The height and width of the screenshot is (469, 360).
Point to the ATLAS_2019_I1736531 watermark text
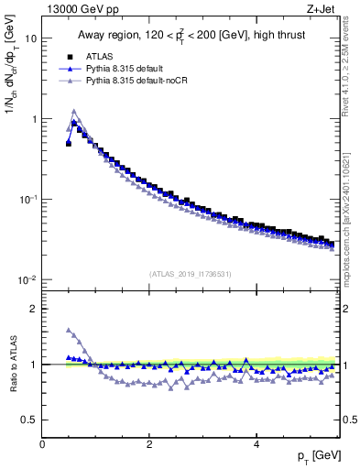pyautogui.click(x=189, y=273)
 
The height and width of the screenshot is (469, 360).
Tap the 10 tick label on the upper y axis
pyautogui.click(x=30, y=39)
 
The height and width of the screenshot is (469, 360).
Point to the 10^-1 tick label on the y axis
pyautogui.click(x=27, y=199)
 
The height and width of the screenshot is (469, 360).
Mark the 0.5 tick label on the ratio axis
pyautogui.click(x=28, y=420)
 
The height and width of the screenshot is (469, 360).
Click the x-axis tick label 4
pyautogui.click(x=256, y=442)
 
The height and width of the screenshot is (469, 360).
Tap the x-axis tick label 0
pyautogui.click(x=42, y=442)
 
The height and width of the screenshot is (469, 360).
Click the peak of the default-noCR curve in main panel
pyautogui.click(x=74, y=112)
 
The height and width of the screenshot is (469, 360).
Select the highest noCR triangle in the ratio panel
pyautogui.click(x=69, y=331)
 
